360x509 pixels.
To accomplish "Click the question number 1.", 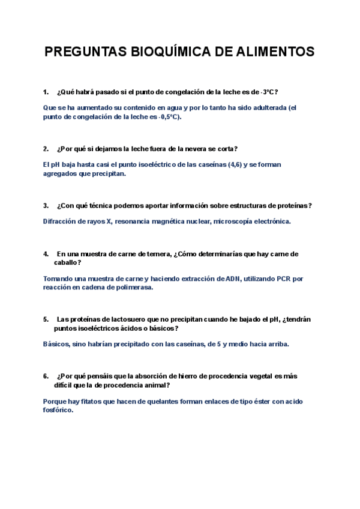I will pyautogui.click(x=46, y=92).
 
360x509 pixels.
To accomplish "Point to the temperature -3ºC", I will pyautogui.click(x=268, y=92).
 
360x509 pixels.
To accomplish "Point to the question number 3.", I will pyautogui.click(x=46, y=205).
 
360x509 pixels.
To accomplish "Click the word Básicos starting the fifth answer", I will pyautogui.click(x=57, y=344).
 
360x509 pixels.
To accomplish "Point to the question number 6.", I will pyautogui.click(x=46, y=376).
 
